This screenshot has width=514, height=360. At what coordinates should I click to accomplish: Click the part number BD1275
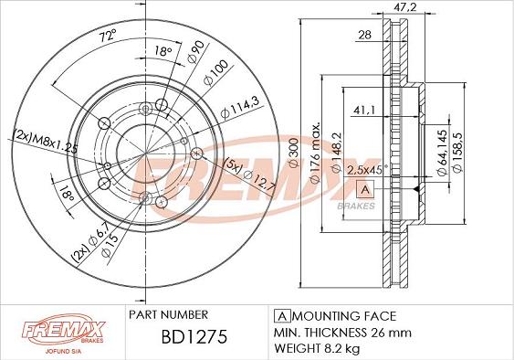(194, 336)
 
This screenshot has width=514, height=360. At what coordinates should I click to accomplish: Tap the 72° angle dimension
(108, 35)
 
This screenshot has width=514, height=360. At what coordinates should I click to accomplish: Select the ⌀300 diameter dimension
(294, 153)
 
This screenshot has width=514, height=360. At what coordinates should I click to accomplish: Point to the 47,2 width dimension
(404, 6)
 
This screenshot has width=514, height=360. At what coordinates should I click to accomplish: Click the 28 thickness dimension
(364, 35)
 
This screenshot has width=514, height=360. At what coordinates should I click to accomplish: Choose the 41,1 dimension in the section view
(364, 110)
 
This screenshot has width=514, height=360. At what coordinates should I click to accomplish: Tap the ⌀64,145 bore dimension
(442, 153)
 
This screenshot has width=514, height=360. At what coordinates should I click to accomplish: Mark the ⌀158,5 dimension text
(457, 152)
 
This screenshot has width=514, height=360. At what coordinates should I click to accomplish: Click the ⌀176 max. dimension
(315, 153)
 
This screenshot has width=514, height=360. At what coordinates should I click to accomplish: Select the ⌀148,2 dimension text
(337, 153)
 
